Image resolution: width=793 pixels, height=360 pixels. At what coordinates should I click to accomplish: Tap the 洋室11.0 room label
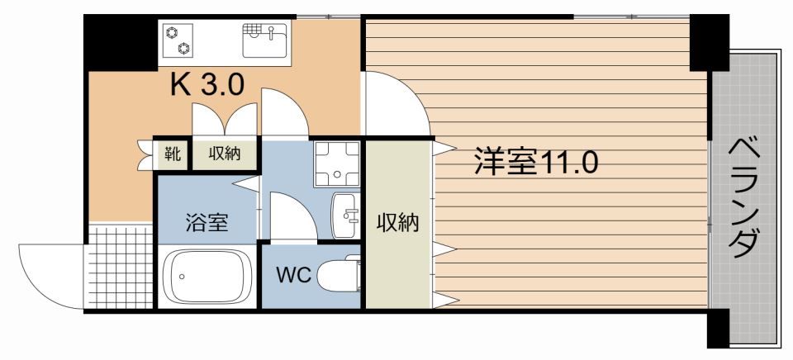click(x=534, y=163)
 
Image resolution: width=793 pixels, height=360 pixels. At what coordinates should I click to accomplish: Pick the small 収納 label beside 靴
click(x=224, y=154)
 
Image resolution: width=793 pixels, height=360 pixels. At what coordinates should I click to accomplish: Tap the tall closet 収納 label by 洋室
click(x=398, y=222)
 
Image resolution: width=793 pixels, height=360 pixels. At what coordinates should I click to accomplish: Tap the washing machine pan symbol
click(x=337, y=164)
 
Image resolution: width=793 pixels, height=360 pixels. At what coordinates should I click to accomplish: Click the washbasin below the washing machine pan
click(x=345, y=215)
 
